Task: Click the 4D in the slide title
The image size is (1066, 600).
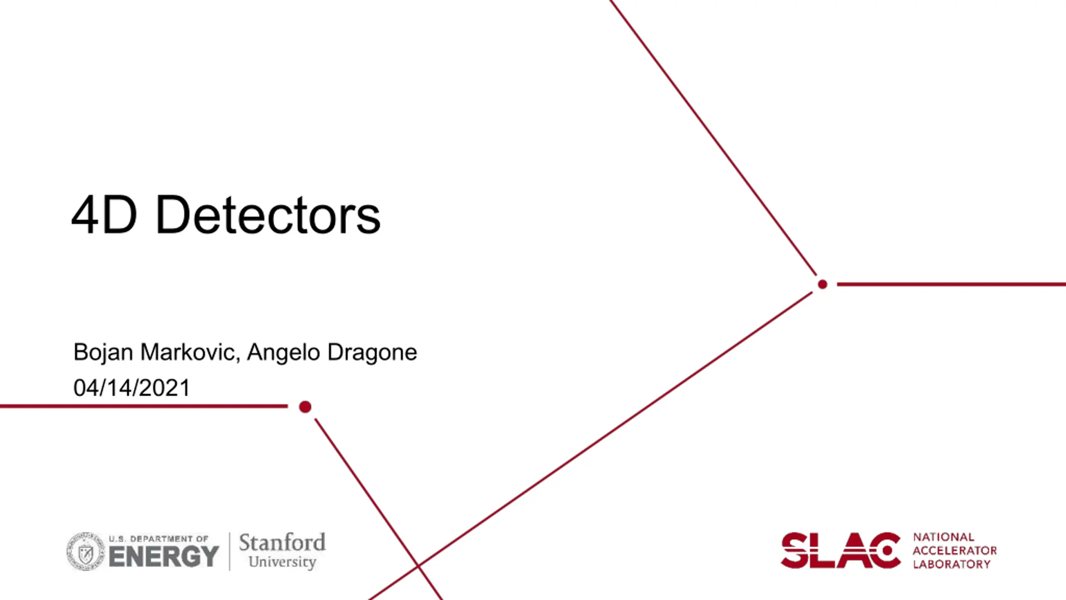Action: pyautogui.click(x=104, y=215)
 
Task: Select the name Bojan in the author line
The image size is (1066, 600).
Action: pyautogui.click(x=103, y=353)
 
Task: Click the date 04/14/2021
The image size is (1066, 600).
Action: pyautogui.click(x=132, y=387)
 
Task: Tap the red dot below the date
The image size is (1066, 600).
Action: pyautogui.click(x=305, y=407)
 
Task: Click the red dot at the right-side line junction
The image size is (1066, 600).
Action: pyautogui.click(x=822, y=284)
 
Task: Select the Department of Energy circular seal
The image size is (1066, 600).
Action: pyautogui.click(x=86, y=551)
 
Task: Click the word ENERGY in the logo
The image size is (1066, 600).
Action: pyautogui.click(x=164, y=556)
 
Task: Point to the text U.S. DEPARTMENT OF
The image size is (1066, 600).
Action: pyautogui.click(x=159, y=539)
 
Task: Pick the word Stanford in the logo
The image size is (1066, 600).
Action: pyautogui.click(x=282, y=542)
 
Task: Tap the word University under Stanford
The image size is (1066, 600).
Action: pyautogui.click(x=282, y=562)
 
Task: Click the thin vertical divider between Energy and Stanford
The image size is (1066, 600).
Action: pyautogui.click(x=229, y=551)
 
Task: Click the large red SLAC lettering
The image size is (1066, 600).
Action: pyautogui.click(x=841, y=550)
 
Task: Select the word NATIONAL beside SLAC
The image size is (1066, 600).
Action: pyautogui.click(x=944, y=537)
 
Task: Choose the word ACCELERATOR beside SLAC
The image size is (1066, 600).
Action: pyautogui.click(x=955, y=550)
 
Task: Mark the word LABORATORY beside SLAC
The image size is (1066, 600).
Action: pyautogui.click(x=952, y=564)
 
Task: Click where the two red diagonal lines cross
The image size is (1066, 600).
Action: pyautogui.click(x=418, y=566)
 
